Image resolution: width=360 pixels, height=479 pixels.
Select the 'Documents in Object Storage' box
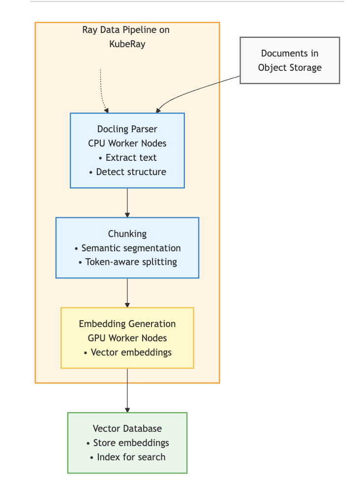[x=290, y=60]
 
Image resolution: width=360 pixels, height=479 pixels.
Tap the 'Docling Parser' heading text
[x=127, y=129]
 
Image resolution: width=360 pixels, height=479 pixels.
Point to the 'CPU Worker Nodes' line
[x=127, y=144]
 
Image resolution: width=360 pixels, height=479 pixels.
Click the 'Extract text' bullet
[x=127, y=158]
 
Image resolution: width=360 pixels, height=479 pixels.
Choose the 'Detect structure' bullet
[x=127, y=172]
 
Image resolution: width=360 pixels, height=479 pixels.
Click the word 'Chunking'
[x=127, y=234]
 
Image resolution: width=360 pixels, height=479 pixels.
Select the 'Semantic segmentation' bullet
[x=127, y=248]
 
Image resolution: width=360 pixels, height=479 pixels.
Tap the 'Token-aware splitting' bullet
[x=127, y=262]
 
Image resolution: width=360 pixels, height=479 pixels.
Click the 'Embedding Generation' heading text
[x=127, y=324]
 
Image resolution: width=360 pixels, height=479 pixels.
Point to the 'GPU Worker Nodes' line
[x=127, y=338]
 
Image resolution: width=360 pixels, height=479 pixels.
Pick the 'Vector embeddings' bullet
[x=127, y=352]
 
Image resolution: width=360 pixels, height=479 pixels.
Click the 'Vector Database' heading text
[x=127, y=428]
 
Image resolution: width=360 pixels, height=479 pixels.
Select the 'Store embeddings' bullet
[x=127, y=443]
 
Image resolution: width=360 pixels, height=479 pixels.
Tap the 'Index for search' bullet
[x=127, y=457]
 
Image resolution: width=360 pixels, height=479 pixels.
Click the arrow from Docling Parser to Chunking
[x=127, y=202]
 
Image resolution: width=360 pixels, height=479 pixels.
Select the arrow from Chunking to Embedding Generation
[x=127, y=293]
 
